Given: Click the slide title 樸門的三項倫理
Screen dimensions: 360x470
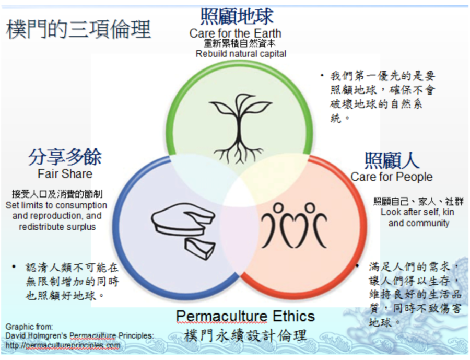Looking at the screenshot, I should pos(78,29).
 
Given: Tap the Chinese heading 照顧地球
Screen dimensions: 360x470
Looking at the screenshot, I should pos(237,17).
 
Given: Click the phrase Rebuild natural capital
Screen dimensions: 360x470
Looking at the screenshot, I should pos(241,53).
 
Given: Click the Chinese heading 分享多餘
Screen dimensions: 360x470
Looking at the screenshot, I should pos(65,157).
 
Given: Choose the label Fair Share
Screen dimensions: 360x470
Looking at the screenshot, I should pos(65,173).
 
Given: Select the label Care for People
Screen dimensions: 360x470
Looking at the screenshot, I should pos(392,177).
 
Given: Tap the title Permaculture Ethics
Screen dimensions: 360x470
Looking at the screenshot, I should pos(245,316).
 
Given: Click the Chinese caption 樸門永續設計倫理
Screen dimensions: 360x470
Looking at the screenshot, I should pos(245,335).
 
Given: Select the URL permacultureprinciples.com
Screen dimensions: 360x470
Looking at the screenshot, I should pos(63,345).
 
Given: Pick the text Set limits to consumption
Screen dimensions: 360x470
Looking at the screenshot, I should pos(56,205).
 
